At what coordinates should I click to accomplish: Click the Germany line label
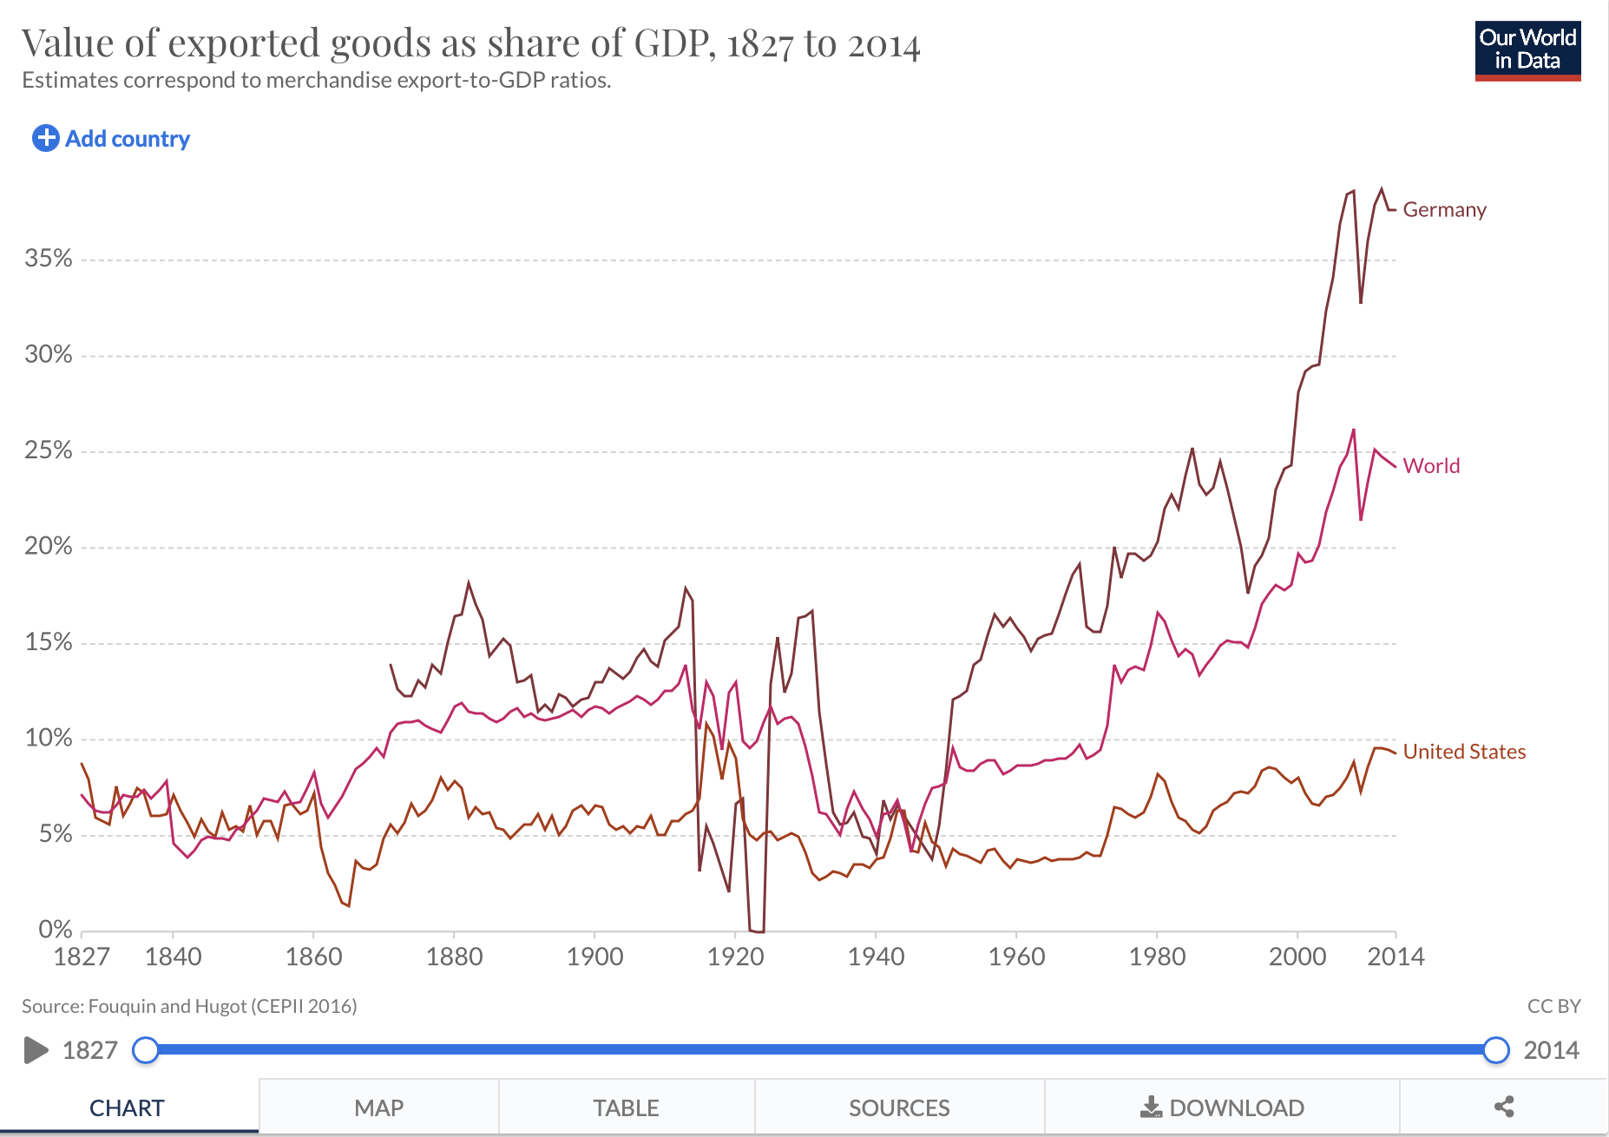click(x=1444, y=210)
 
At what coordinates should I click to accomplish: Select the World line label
click(x=1431, y=466)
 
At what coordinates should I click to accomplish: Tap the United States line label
click(x=1464, y=752)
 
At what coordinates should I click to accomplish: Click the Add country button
click(x=111, y=139)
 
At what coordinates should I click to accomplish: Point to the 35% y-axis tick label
click(x=49, y=259)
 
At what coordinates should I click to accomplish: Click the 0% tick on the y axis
click(x=56, y=930)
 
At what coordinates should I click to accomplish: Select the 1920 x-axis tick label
click(x=735, y=957)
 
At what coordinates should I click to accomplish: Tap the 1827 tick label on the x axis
click(x=82, y=957)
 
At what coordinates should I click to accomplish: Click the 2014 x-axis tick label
click(x=1396, y=957)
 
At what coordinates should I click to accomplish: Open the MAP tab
click(x=378, y=1108)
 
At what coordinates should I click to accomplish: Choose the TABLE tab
click(x=626, y=1108)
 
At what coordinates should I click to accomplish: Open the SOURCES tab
click(x=899, y=1108)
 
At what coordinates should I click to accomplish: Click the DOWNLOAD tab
click(x=1222, y=1108)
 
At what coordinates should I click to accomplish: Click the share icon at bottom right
click(x=1504, y=1107)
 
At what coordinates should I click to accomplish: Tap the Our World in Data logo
click(x=1527, y=51)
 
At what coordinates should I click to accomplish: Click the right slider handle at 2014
click(x=1496, y=1050)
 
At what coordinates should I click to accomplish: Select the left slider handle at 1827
click(x=146, y=1050)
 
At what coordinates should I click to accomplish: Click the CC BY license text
click(x=1553, y=1006)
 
